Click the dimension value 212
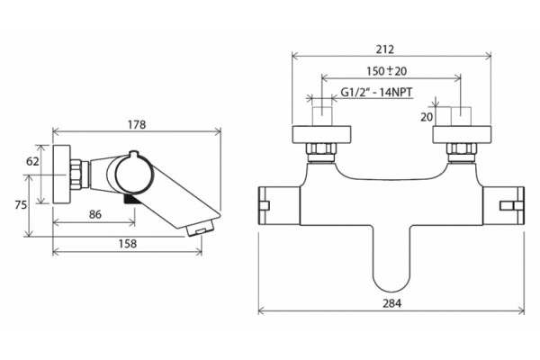384,49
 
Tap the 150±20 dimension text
386,71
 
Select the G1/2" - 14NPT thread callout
376,93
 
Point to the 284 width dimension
391,303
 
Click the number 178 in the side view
137,124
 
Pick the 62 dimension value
32,161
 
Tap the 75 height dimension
21,205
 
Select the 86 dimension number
95,214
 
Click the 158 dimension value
128,244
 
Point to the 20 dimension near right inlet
427,117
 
